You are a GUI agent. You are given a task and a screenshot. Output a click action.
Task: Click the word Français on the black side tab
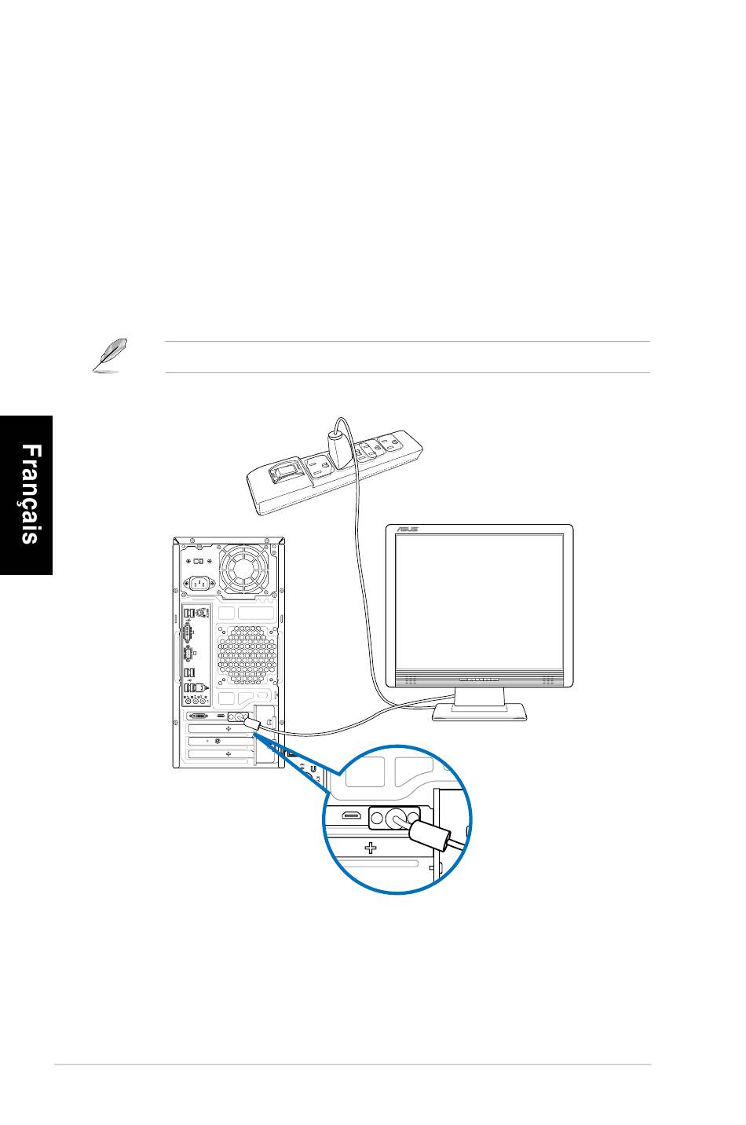31,493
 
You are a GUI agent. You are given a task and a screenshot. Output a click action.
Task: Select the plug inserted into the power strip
339,449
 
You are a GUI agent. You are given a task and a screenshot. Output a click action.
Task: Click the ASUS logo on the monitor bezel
407,530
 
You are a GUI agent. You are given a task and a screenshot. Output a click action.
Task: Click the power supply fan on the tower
243,570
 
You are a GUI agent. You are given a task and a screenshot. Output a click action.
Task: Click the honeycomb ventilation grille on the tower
247,655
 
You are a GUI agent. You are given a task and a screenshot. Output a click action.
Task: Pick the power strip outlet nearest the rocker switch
320,467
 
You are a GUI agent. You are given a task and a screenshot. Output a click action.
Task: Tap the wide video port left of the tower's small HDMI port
199,716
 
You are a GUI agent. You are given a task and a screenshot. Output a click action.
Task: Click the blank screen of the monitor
479,603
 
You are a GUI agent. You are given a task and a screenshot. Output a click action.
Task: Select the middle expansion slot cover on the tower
220,741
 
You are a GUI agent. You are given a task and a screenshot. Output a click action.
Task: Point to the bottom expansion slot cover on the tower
220,754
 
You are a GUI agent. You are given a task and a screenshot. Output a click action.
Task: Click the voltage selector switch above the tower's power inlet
199,561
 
